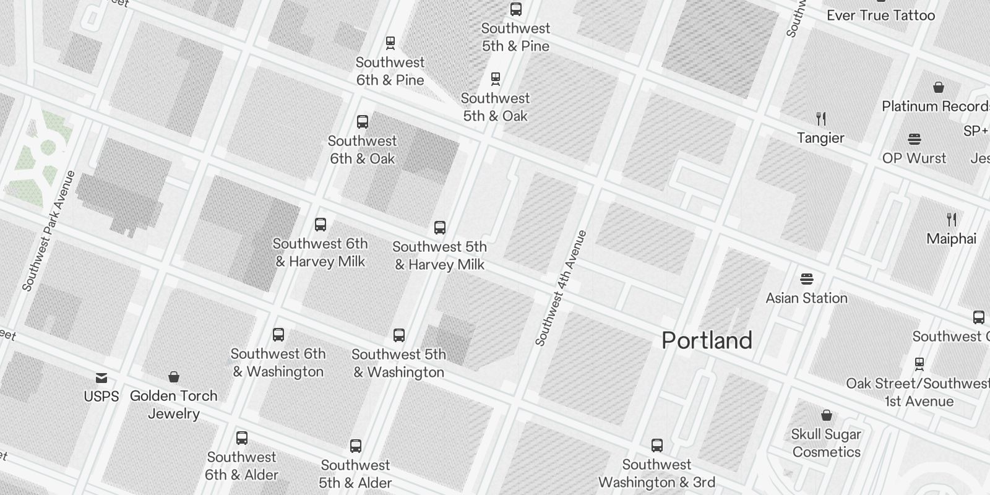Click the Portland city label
707,340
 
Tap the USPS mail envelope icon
101,377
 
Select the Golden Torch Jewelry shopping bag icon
174,377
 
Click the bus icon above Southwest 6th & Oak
363,122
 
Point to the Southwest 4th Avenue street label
561,288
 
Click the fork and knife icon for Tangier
821,119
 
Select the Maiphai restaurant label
951,239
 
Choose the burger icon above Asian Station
806,278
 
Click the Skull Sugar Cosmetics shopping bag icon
826,415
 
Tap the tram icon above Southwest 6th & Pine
390,43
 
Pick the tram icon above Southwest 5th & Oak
495,79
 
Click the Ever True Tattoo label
880,15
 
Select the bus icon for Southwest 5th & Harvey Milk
440,227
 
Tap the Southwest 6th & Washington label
278,363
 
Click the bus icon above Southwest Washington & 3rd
657,445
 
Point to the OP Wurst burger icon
915,139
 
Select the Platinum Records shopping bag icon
939,87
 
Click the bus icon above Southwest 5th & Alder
355,445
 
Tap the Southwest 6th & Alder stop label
241,466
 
